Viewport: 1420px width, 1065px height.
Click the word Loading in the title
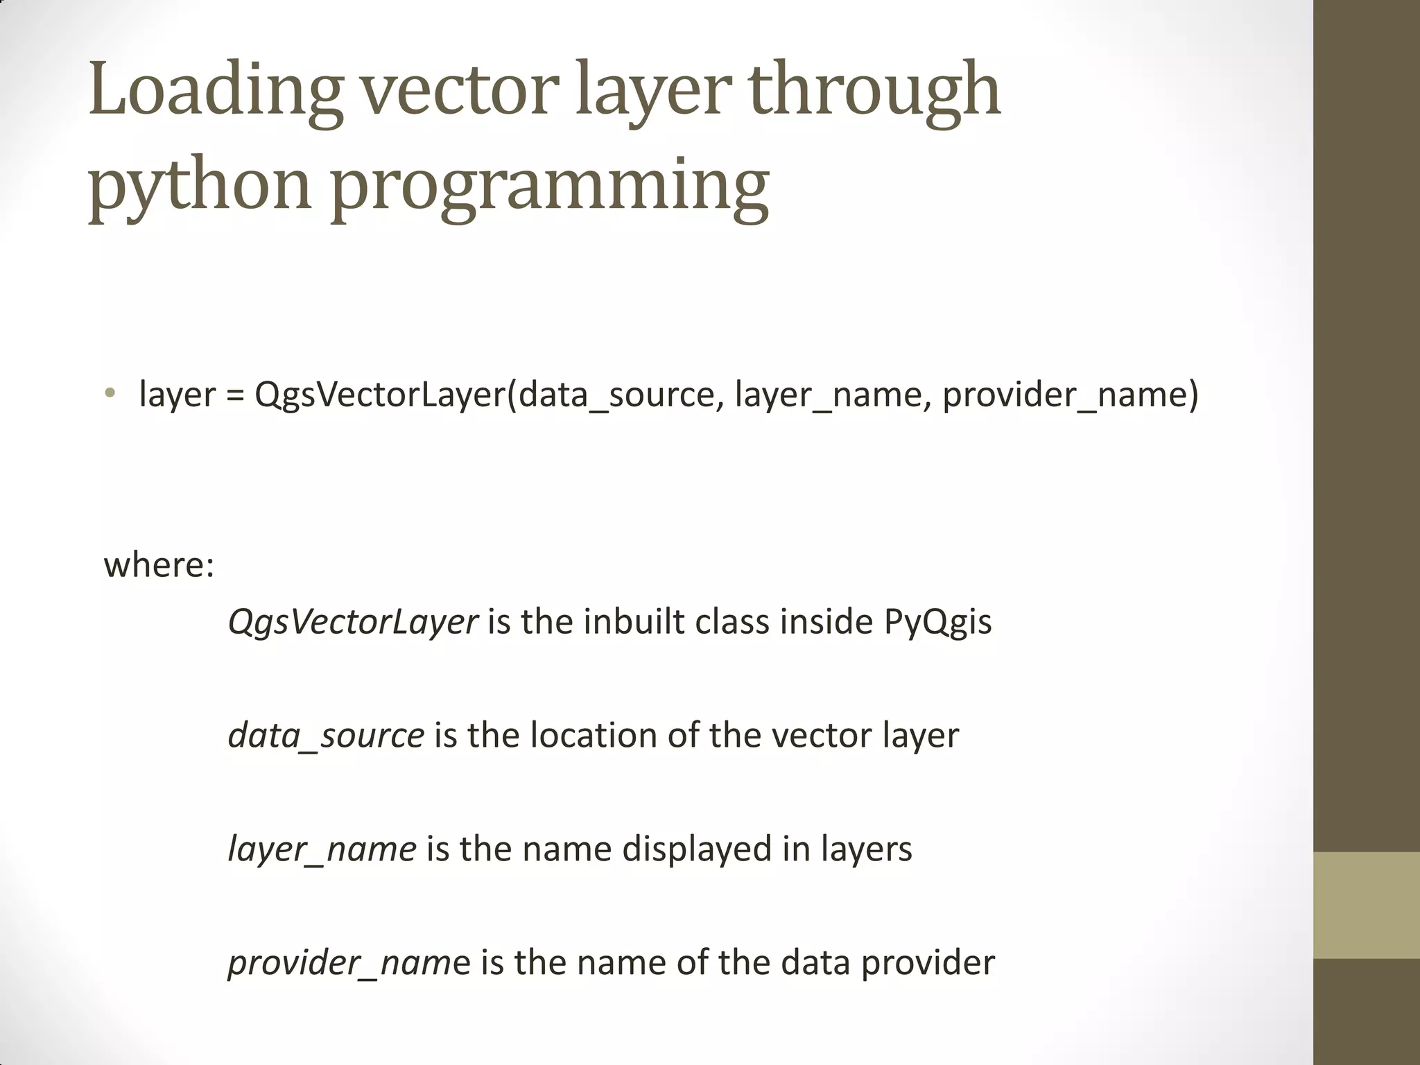[215, 90]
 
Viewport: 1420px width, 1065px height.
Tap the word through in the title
[875, 90]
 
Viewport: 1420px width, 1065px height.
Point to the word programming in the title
[549, 186]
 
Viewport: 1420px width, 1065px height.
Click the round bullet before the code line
[110, 394]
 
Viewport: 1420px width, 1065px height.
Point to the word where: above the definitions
[159, 565]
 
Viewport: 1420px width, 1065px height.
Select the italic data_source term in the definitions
[326, 736]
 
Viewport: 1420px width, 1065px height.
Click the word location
[594, 736]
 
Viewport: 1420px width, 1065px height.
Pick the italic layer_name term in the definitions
[322, 849]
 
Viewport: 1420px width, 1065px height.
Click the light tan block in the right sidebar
[1367, 905]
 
